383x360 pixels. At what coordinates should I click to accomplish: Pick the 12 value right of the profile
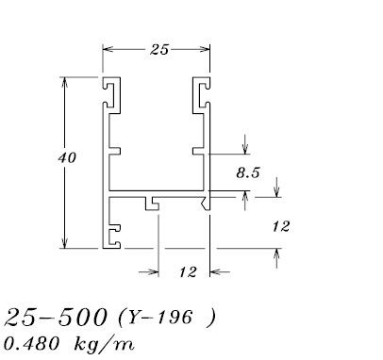pos(280,226)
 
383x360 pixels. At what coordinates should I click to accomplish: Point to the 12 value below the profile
pos(187,272)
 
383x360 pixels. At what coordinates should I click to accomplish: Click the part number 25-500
pos(57,316)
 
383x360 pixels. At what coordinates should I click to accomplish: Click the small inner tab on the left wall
pos(114,149)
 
